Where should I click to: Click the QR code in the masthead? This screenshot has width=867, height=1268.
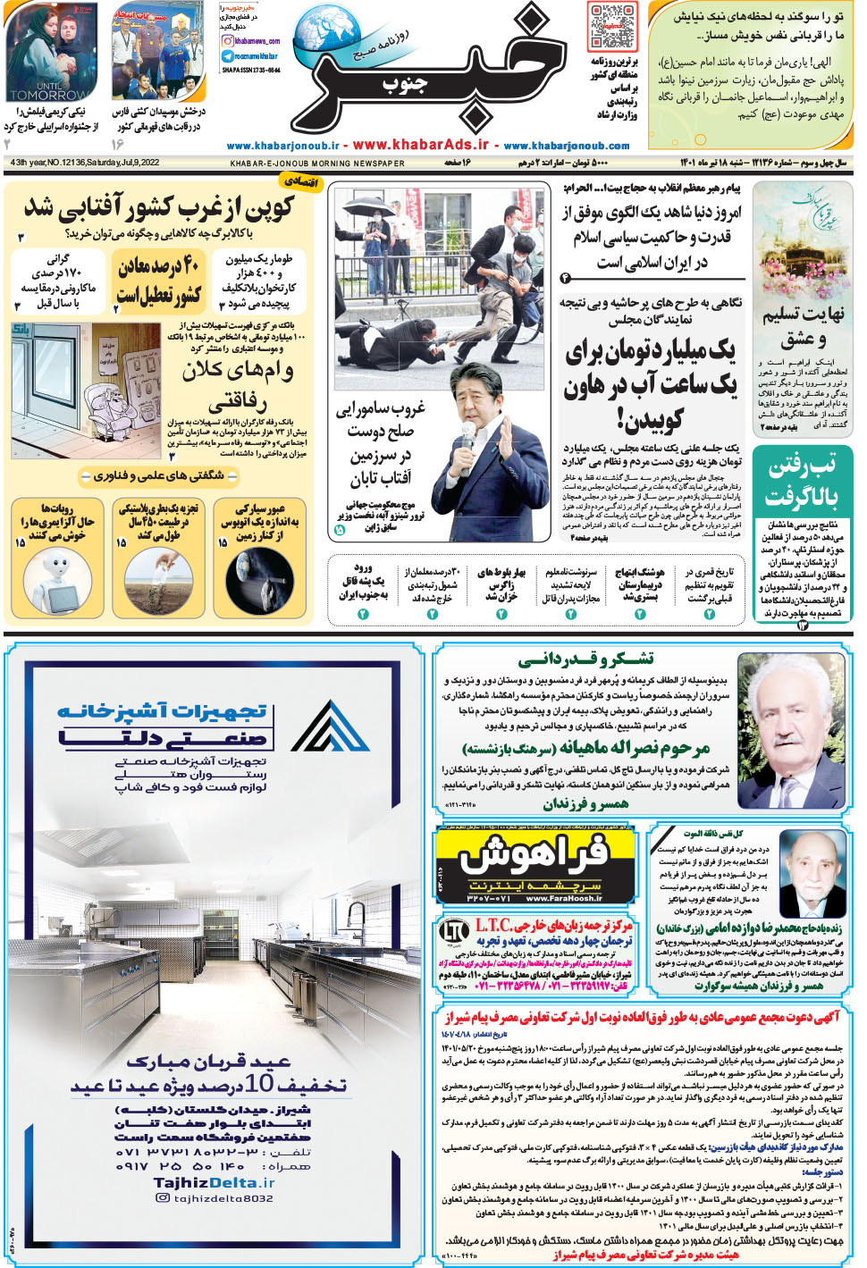[612, 26]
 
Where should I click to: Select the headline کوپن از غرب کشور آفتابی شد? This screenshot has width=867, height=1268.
[159, 208]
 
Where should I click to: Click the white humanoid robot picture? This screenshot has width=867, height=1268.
[55, 581]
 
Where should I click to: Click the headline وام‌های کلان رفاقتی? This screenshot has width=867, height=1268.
[237, 385]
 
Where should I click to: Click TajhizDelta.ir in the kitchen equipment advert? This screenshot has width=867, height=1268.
[214, 1182]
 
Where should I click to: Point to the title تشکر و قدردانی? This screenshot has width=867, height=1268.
[585, 659]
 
